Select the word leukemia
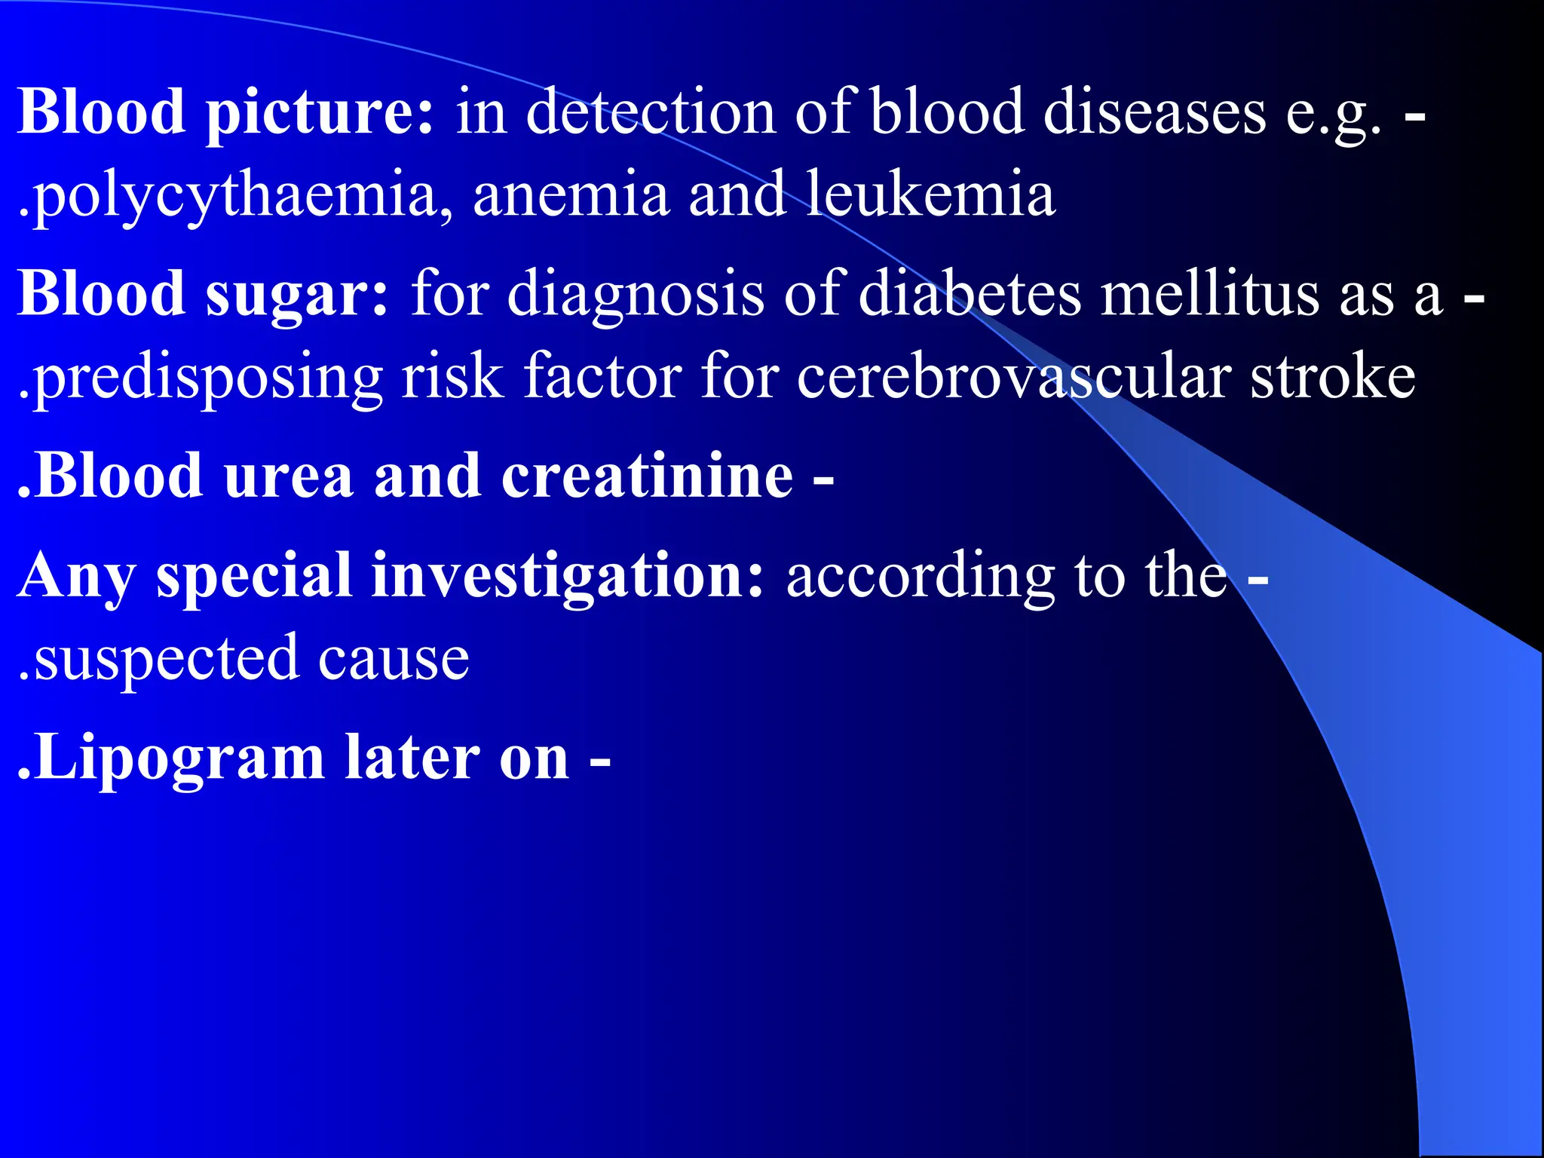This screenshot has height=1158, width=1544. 930,195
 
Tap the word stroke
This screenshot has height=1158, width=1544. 1333,377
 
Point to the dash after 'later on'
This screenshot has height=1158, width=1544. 600,760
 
